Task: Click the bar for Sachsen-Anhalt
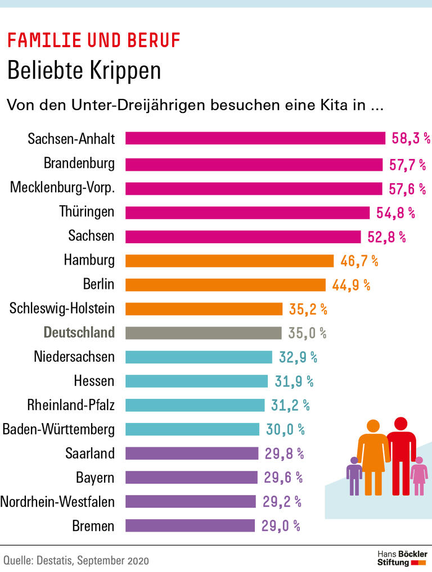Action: point(255,138)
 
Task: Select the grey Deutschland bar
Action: point(203,333)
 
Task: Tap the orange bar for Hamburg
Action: point(229,260)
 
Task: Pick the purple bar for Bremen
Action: point(190,526)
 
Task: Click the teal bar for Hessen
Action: point(196,381)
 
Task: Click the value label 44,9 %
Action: point(351,285)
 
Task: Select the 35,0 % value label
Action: point(307,333)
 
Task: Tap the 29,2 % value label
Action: point(281,501)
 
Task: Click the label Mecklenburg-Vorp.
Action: point(62,188)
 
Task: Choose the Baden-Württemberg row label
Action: point(58,430)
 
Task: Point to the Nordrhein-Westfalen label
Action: point(57,501)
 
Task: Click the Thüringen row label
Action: point(87,212)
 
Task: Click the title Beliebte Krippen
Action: point(84,71)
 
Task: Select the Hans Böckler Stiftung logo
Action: point(402,558)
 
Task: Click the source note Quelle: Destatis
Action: point(76,560)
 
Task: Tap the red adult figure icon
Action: point(401,455)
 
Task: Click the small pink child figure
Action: point(418,475)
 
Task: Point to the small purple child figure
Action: point(354,475)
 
